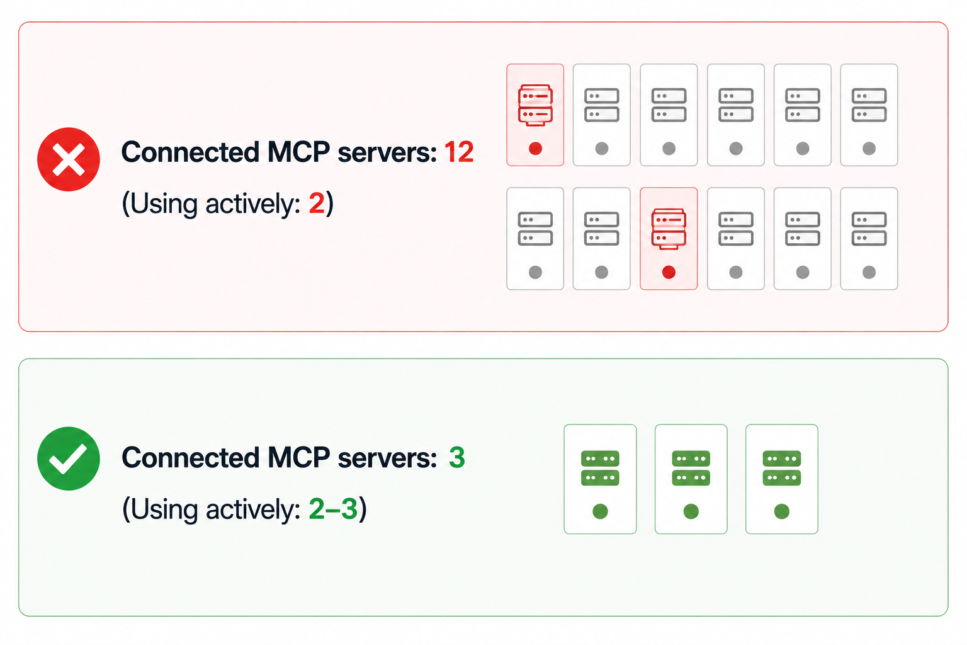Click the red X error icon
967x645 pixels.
point(69,159)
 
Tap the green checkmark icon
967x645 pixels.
point(69,459)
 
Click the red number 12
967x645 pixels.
point(459,152)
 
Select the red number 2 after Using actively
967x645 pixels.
point(317,203)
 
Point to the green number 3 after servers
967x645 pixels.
point(456,457)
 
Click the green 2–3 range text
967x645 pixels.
point(333,508)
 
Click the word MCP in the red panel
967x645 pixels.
point(299,152)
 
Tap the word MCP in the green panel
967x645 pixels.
point(299,457)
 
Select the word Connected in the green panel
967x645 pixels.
point(190,457)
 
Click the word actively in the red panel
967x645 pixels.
point(252,204)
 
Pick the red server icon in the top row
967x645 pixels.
point(535,105)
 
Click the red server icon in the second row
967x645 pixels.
point(669,229)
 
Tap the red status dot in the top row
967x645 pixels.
point(535,149)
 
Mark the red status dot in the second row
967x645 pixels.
point(669,272)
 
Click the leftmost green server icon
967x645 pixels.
point(600,468)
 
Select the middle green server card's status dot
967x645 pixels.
point(691,511)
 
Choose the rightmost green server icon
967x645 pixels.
point(782,468)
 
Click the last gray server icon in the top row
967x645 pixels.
point(869,105)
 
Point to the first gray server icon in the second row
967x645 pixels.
point(535,229)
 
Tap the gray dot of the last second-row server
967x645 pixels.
point(869,272)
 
